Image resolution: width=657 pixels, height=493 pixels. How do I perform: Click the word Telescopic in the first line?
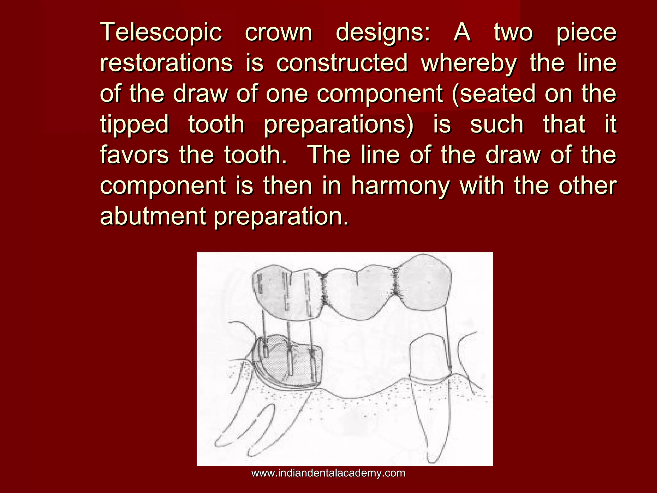click(161, 32)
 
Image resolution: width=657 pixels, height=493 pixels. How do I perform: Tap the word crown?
click(278, 32)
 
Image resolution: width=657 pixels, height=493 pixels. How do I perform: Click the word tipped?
click(134, 125)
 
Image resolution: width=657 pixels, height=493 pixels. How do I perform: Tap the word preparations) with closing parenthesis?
click(339, 125)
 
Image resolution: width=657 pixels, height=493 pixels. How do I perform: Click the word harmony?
click(400, 186)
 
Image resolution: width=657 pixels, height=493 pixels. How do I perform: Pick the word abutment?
click(153, 216)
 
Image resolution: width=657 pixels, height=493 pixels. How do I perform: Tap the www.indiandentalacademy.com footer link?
click(328, 473)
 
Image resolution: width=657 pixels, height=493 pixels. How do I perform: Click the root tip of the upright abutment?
click(433, 459)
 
